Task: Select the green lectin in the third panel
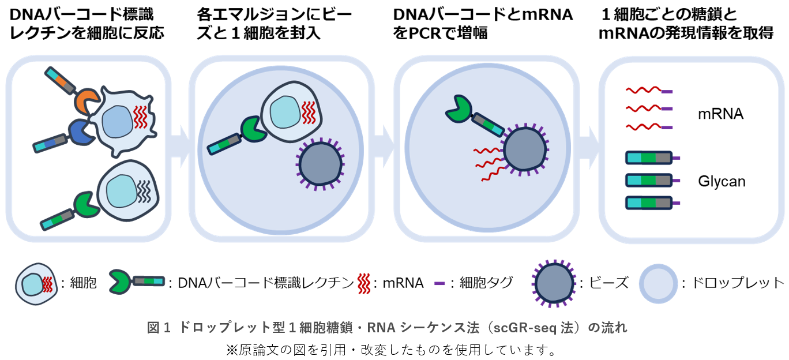point(458,107)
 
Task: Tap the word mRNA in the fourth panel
point(720,114)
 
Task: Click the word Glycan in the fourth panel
point(722,182)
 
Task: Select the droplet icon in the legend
point(658,283)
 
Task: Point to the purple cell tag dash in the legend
point(439,283)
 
